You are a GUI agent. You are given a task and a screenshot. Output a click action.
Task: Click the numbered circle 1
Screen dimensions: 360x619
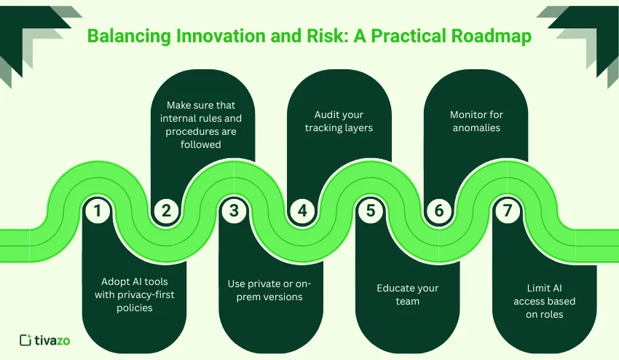click(x=98, y=211)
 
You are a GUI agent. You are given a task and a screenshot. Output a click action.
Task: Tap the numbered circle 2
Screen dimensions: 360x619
click(x=166, y=211)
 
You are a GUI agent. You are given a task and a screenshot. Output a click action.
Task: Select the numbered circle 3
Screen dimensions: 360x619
click(x=234, y=211)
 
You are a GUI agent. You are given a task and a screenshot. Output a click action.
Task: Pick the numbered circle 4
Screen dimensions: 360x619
click(x=301, y=211)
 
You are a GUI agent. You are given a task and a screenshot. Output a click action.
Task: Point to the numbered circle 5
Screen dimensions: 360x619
click(x=370, y=211)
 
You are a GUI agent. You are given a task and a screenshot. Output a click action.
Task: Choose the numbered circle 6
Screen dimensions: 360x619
click(x=438, y=211)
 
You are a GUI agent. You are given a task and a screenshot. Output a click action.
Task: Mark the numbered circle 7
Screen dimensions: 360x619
click(x=506, y=211)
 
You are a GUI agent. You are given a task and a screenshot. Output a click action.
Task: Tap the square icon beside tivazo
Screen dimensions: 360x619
click(x=25, y=340)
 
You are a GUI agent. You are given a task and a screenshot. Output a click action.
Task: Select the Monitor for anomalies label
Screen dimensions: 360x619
click(x=476, y=122)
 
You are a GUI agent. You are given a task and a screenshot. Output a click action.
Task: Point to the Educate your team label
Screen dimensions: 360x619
click(x=407, y=294)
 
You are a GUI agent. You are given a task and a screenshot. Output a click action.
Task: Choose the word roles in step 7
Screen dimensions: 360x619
click(x=553, y=314)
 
